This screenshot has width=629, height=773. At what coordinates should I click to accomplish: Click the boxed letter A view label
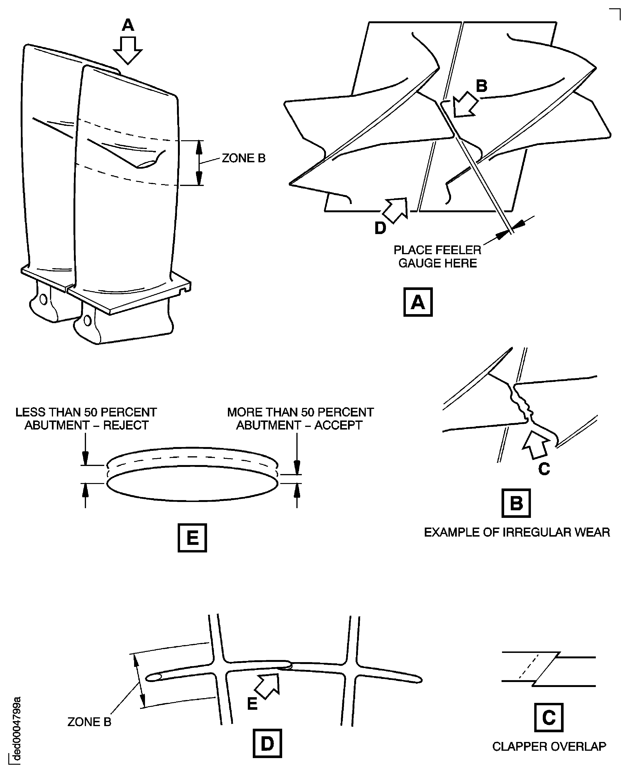[417, 302]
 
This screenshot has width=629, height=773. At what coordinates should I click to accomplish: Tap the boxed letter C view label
[548, 717]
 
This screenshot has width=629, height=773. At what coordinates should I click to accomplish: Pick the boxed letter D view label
[267, 744]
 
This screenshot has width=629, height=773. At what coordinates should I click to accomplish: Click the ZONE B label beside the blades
[244, 158]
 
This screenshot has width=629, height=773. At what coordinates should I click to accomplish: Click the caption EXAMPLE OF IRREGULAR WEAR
[517, 532]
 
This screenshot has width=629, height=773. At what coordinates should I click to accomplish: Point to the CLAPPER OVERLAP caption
[548, 746]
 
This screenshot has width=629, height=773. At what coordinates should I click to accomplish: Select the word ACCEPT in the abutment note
[338, 425]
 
